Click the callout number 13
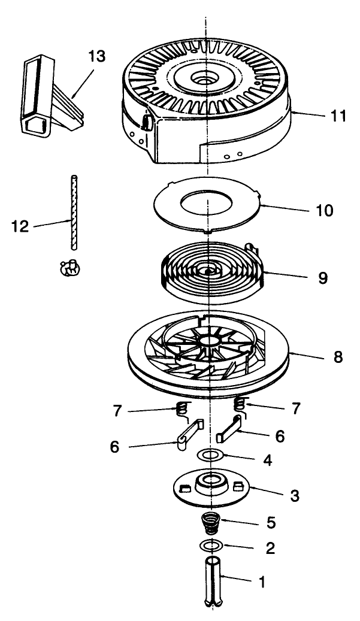point(96,57)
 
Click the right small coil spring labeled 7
point(240,405)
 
